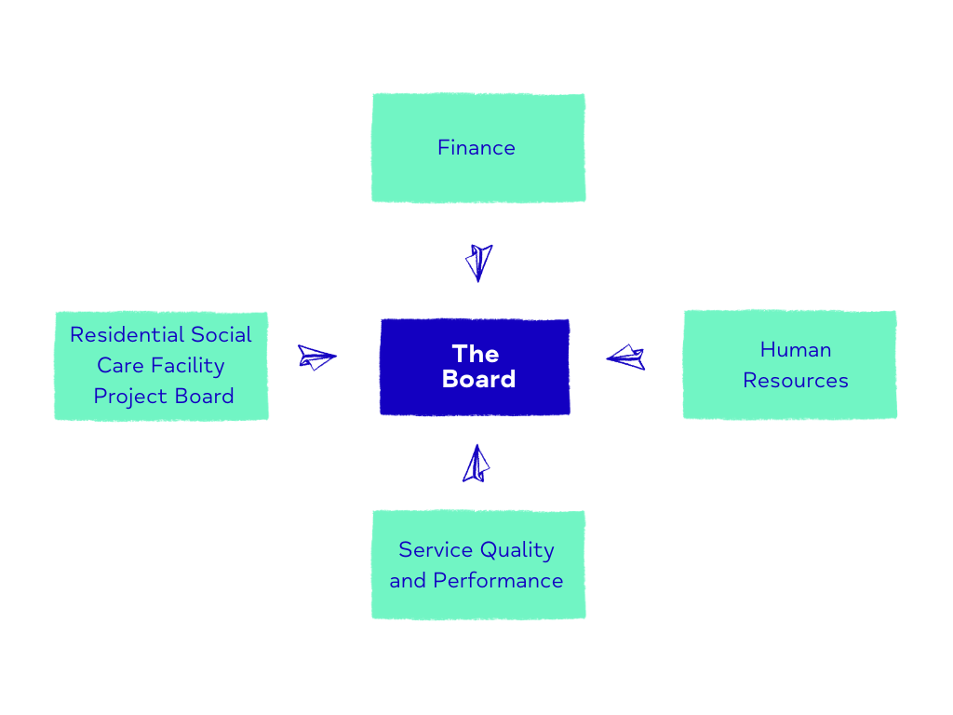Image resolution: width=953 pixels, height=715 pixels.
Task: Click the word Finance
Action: tap(476, 148)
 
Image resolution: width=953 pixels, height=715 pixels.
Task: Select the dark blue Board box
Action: tap(475, 367)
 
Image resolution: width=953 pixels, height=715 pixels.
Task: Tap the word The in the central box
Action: tap(476, 354)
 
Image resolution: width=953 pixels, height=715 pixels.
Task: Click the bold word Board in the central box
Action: tap(479, 379)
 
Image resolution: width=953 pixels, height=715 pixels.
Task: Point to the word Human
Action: tap(796, 350)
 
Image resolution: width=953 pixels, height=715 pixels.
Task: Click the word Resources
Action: tap(796, 381)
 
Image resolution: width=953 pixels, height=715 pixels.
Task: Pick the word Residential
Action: tap(127, 334)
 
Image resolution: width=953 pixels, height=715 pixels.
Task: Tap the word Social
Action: tap(221, 334)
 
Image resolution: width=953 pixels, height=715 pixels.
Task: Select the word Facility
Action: tap(188, 366)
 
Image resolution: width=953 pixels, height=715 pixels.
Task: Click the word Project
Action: tap(130, 397)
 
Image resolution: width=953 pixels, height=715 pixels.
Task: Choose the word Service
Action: tap(436, 549)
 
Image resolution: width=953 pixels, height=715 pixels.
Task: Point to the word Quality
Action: tap(517, 550)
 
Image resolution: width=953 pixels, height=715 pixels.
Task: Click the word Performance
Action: tap(499, 581)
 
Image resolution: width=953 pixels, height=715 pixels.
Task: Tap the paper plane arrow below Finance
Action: tap(479, 263)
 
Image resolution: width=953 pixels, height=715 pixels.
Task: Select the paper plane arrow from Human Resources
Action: tap(625, 357)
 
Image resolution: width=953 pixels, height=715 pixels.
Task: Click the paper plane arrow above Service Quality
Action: tap(476, 464)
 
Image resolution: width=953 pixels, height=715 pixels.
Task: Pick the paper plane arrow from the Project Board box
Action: tap(316, 357)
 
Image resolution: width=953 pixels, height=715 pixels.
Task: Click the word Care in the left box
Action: tap(120, 365)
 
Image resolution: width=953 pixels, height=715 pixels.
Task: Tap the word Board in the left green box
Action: tap(204, 397)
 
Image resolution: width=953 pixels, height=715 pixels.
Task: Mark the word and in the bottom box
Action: tap(408, 581)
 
